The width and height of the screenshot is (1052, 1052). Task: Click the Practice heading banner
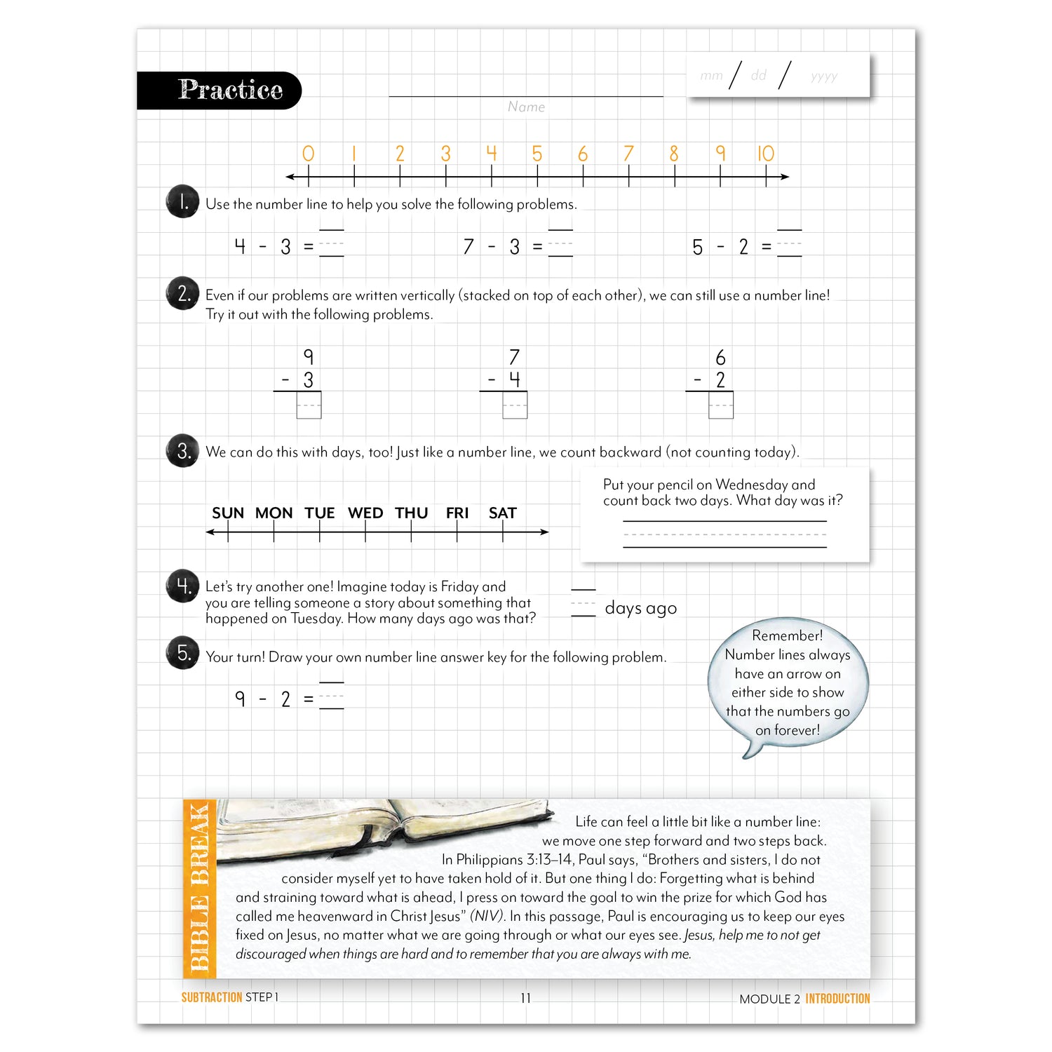point(220,90)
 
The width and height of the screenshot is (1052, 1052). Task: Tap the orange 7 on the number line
point(628,154)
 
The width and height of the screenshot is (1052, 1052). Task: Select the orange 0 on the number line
point(308,154)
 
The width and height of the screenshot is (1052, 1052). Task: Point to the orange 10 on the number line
point(765,154)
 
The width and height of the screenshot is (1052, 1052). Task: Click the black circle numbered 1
point(182,202)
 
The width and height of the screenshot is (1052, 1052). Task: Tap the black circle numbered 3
point(182,451)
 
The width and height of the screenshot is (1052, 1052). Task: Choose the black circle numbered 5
point(182,653)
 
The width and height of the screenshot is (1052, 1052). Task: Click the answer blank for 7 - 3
point(560,244)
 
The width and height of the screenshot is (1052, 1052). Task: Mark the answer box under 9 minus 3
point(309,405)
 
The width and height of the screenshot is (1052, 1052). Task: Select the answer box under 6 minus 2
point(720,405)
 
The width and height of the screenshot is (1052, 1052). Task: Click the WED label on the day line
point(365,513)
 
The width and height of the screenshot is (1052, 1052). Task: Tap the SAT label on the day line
point(502,513)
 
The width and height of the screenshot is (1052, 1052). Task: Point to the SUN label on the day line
point(228,513)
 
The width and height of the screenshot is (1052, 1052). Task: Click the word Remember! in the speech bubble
point(787,635)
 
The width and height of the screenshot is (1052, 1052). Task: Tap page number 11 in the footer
point(525,998)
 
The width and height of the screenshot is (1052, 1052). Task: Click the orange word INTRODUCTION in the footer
point(837,999)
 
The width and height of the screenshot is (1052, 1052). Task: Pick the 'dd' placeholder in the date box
point(759,75)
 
